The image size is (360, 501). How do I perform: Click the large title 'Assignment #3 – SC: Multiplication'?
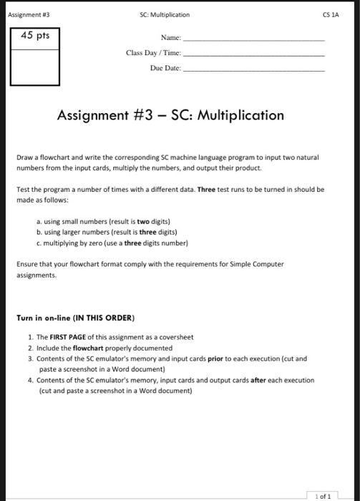[170, 115]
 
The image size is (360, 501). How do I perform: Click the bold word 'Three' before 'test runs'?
[206, 190]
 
